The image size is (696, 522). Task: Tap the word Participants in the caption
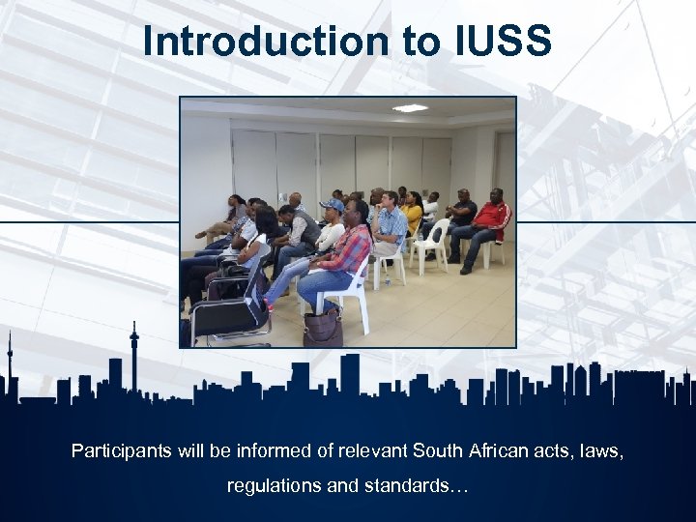(119, 450)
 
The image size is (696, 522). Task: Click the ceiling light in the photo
(410, 108)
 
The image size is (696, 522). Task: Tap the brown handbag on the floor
(322, 327)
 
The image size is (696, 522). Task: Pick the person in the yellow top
(413, 214)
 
